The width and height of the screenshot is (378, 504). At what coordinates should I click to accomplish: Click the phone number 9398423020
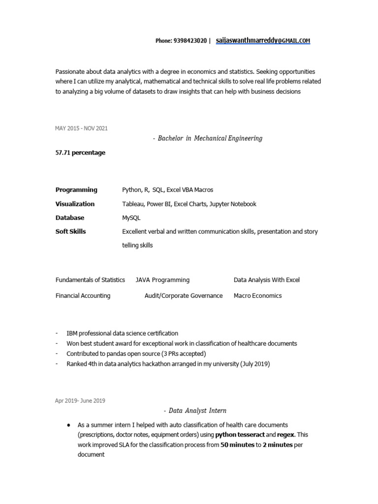[x=190, y=41]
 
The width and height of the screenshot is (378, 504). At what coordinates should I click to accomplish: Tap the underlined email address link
[x=263, y=41]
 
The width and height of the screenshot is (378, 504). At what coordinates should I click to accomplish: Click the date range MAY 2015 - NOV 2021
[x=81, y=128]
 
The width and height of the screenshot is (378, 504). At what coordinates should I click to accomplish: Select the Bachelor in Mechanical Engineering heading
[x=208, y=138]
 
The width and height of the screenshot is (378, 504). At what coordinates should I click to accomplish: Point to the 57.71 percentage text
[x=80, y=153]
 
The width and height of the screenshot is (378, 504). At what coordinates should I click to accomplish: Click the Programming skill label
[x=76, y=189]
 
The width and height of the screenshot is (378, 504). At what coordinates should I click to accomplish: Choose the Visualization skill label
[x=75, y=204]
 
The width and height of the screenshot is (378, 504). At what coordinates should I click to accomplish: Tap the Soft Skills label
[x=71, y=231]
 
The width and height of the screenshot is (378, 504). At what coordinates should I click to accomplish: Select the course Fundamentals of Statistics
[x=91, y=280]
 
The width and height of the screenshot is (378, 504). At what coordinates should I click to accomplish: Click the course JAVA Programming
[x=162, y=280]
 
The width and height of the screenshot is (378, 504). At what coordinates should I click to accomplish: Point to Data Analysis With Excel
[x=267, y=280]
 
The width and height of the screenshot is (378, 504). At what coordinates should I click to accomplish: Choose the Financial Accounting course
[x=83, y=296]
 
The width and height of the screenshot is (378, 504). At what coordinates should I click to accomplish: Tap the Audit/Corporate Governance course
[x=184, y=296]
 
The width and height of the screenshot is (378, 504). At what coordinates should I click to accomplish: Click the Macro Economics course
[x=258, y=296]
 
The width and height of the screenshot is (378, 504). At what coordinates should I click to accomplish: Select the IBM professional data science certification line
[x=122, y=333]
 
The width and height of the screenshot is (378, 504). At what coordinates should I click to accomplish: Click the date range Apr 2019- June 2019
[x=80, y=401]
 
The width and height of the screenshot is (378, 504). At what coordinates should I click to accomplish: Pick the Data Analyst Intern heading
[x=195, y=410]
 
